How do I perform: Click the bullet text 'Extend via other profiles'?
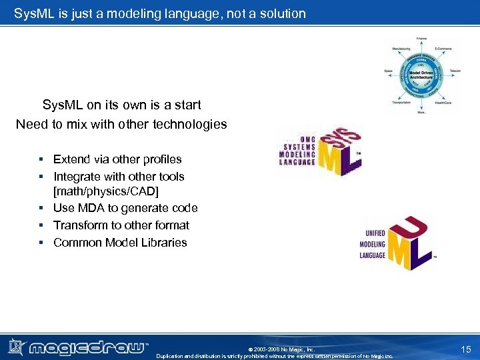click(x=117, y=159)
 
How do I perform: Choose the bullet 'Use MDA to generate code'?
click(x=125, y=209)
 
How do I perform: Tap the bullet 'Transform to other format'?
click(x=121, y=225)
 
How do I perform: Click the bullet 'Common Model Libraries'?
click(x=120, y=243)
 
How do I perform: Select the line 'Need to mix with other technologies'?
click(x=121, y=124)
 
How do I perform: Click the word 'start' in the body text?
click(x=186, y=105)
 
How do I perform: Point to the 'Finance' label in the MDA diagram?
click(x=422, y=39)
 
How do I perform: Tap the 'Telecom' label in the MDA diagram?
click(x=455, y=70)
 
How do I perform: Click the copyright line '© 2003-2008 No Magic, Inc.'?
click(x=281, y=349)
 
